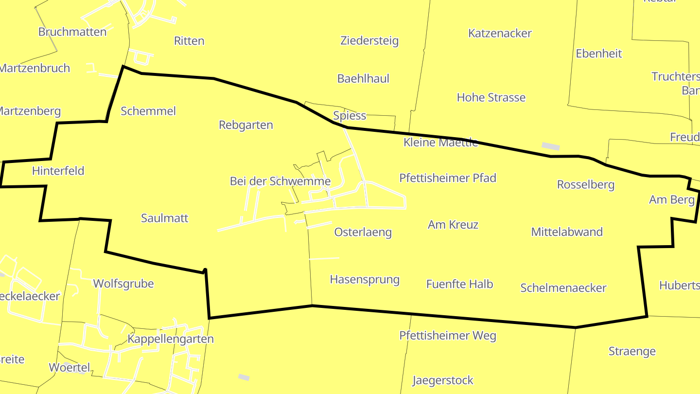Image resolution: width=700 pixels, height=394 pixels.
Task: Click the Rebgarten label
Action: click(246, 125)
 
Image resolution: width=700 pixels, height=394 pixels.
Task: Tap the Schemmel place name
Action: click(148, 111)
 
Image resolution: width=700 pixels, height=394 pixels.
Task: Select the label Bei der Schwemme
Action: click(280, 181)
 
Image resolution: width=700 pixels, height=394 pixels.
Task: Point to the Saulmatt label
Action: click(164, 218)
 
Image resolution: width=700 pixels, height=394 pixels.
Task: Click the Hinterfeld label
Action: click(58, 171)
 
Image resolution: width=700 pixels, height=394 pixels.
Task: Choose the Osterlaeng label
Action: click(363, 232)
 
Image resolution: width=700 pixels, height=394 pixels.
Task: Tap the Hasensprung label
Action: click(365, 279)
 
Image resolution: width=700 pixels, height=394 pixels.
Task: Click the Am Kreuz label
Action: click(453, 225)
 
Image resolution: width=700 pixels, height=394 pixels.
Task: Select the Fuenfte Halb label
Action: click(459, 284)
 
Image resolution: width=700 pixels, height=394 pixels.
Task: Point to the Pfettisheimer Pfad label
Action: click(448, 178)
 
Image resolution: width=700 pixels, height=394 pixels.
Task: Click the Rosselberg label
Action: click(586, 185)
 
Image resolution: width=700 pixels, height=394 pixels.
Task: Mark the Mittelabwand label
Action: click(567, 232)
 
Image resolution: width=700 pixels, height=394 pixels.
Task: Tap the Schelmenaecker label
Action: click(563, 288)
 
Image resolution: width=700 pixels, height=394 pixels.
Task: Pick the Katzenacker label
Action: click(500, 33)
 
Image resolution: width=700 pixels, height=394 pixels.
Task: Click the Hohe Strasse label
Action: click(491, 97)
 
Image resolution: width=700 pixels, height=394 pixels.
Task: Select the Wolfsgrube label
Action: click(123, 284)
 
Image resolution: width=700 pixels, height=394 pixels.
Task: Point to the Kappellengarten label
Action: click(171, 339)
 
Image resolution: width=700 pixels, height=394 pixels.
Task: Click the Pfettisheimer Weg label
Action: click(448, 336)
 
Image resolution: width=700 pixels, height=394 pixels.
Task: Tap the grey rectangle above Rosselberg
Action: click(551, 146)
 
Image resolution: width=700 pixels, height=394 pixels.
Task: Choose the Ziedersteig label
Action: click(369, 40)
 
